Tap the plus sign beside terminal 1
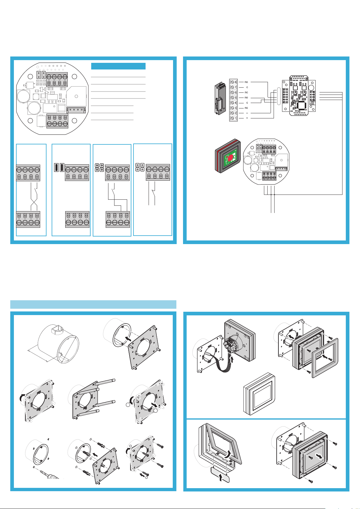(247, 118)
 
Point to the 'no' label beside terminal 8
(246, 82)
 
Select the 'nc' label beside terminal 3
(246, 108)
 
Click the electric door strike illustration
(220, 99)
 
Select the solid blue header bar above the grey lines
(118, 66)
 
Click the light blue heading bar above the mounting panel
(93, 304)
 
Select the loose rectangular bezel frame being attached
(324, 358)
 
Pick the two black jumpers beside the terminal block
(59, 167)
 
